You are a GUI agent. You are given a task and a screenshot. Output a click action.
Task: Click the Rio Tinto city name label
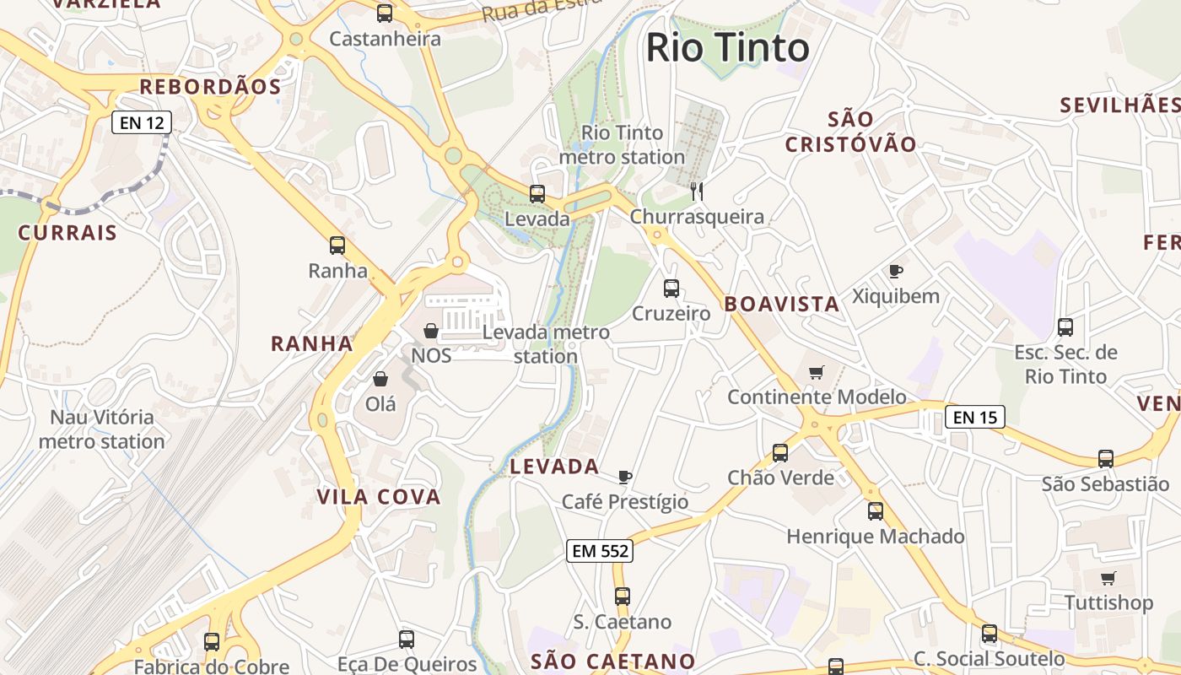[x=727, y=48]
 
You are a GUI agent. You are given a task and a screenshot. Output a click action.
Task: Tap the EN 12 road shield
[x=142, y=122]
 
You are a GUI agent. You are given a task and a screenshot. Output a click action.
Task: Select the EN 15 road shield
[x=974, y=416]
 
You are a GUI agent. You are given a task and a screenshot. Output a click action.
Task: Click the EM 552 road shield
[x=599, y=551]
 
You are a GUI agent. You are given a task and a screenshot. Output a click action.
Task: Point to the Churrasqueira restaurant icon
[x=697, y=192]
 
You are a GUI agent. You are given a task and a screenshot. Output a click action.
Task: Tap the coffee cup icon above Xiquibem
[x=896, y=272]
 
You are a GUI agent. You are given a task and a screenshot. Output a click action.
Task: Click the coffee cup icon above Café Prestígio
[x=625, y=478]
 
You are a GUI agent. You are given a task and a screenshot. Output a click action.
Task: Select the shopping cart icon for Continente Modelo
[x=816, y=372]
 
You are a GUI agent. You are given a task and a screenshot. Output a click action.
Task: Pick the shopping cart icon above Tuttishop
[x=1108, y=579]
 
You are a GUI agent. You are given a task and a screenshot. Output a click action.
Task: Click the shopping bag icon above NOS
[x=431, y=331]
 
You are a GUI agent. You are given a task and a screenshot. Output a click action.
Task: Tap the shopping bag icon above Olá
[x=380, y=379]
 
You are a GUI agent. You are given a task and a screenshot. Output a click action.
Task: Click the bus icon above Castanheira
[x=385, y=13]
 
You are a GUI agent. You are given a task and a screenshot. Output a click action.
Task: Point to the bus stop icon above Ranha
[x=337, y=246]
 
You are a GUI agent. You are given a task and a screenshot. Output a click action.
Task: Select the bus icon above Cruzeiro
[x=671, y=289]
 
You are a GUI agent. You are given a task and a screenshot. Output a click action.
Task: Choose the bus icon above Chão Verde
[x=780, y=453]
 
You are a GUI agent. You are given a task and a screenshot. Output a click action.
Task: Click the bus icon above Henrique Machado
[x=876, y=511]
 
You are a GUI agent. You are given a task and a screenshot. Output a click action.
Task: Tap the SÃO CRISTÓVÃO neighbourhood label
[x=850, y=132]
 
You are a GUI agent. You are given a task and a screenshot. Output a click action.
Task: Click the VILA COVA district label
[x=379, y=497]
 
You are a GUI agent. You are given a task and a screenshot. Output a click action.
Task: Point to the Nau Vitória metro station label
[x=102, y=429]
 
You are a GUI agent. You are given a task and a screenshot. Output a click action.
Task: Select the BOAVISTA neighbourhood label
[x=782, y=305]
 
